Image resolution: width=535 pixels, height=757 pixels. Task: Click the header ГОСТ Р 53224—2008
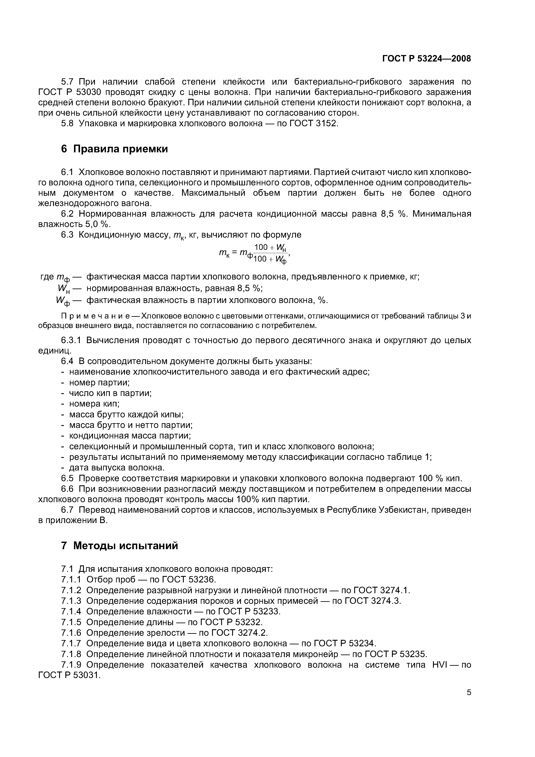pos(426,59)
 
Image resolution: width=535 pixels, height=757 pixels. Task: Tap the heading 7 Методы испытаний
pos(119,546)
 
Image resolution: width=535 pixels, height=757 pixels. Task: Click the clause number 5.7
pos(69,81)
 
